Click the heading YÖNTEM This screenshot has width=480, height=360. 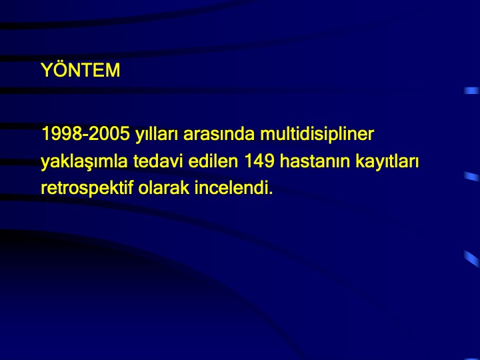click(x=81, y=70)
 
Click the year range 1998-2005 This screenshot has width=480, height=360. click(x=85, y=133)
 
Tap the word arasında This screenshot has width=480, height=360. click(x=219, y=133)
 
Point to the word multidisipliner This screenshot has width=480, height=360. click(x=317, y=134)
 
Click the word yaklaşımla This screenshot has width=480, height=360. click(x=84, y=161)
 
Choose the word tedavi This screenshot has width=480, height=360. click(x=158, y=161)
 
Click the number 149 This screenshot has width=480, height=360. click(x=259, y=161)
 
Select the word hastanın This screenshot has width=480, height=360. click(x=315, y=161)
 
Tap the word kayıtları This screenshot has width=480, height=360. click(x=387, y=161)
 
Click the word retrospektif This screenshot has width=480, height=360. click(x=87, y=188)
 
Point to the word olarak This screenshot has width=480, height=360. click(x=164, y=187)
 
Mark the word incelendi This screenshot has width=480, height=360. click(x=232, y=187)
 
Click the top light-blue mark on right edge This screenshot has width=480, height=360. click(x=471, y=91)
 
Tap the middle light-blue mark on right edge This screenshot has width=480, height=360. click(x=471, y=177)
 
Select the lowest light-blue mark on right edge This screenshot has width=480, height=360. click(x=471, y=259)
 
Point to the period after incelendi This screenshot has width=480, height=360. click(x=271, y=193)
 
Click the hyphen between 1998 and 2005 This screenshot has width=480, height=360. click(x=86, y=135)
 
